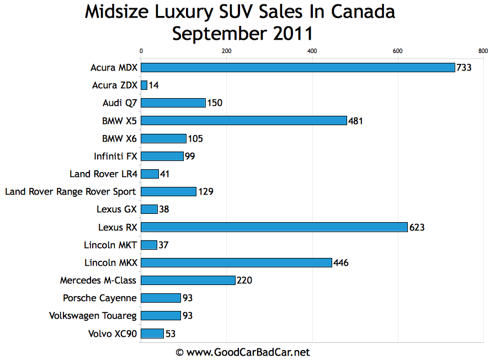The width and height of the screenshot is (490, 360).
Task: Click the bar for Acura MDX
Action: (x=298, y=68)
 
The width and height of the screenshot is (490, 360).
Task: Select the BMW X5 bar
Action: (x=244, y=121)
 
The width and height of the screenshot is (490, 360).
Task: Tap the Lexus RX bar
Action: (x=274, y=227)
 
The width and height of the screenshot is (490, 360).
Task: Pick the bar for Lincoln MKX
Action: (x=236, y=262)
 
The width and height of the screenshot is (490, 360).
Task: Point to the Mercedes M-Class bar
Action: (x=188, y=280)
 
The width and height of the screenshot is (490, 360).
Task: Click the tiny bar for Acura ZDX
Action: (x=144, y=85)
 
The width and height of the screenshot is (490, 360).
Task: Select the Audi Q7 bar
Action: (x=173, y=103)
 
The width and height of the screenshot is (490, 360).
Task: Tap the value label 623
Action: (x=417, y=227)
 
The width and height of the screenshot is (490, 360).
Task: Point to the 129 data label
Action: (x=206, y=192)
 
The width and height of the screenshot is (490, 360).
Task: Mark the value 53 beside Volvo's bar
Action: (x=171, y=334)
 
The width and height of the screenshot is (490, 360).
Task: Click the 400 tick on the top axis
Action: (x=312, y=51)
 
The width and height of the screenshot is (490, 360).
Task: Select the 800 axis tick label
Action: (x=483, y=51)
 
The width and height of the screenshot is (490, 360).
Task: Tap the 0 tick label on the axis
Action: (x=141, y=51)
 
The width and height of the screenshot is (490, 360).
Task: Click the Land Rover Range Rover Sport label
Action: (x=71, y=192)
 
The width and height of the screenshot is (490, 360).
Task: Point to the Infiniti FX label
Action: (x=115, y=156)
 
